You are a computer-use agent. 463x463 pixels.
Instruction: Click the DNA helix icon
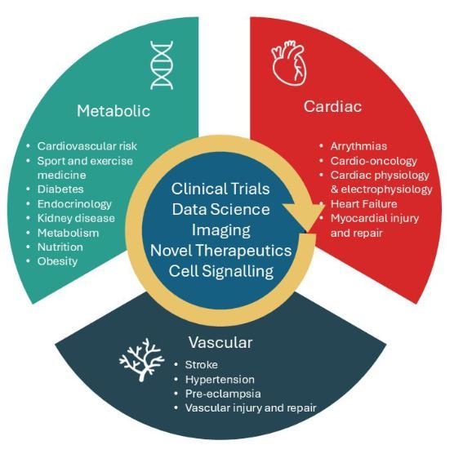tap(162, 65)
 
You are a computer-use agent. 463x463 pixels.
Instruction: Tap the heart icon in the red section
tap(289, 63)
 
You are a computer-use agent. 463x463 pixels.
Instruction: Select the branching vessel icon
tap(141, 359)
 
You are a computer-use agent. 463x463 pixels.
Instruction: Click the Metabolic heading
tap(114, 111)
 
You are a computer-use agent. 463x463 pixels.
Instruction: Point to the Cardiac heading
tap(333, 106)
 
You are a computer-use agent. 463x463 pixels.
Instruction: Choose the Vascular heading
tap(220, 342)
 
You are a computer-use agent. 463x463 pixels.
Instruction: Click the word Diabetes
tap(60, 189)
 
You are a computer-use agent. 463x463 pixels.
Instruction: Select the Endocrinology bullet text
tap(74, 204)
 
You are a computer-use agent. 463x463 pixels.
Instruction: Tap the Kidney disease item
tap(76, 218)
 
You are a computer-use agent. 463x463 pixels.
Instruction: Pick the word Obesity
tap(58, 261)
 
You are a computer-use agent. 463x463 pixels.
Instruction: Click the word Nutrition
tap(60, 247)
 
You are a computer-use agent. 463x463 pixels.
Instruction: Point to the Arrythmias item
tap(358, 146)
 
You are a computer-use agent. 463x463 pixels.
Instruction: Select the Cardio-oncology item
tap(374, 161)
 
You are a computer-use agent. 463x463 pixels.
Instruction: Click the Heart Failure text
tap(364, 204)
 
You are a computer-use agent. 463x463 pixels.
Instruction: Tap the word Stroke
tap(202, 365)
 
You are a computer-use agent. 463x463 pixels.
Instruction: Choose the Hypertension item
tap(220, 380)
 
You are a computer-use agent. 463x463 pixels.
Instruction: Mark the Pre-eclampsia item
tap(223, 394)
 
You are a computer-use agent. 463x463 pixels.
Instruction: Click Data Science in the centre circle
tap(220, 209)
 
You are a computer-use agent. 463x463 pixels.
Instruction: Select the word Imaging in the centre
tap(220, 230)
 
